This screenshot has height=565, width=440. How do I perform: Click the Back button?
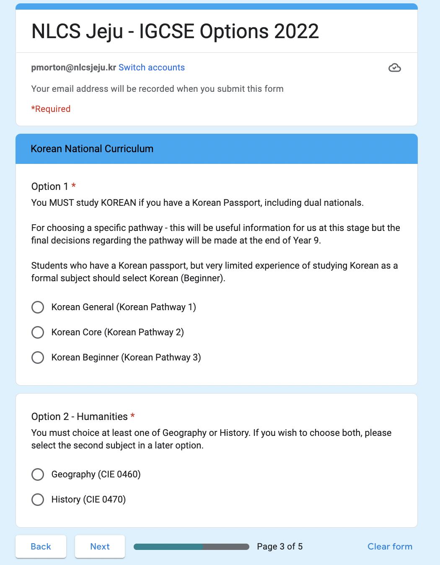click(41, 547)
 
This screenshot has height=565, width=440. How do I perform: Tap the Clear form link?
click(390, 547)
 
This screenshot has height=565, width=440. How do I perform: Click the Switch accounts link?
click(151, 67)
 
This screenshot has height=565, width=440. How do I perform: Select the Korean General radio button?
click(38, 307)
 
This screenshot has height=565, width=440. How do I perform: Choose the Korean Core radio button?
click(38, 332)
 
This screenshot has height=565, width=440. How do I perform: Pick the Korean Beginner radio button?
click(38, 358)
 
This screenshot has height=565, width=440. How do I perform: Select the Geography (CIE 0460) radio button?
click(38, 474)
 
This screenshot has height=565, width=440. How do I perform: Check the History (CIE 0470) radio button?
click(38, 500)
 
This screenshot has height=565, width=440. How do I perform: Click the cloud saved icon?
click(394, 68)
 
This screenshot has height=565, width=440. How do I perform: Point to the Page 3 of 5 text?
click(280, 547)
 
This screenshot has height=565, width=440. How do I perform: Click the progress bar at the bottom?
click(191, 547)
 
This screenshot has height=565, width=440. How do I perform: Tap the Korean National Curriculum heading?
click(92, 149)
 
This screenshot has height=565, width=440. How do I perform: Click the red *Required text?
click(51, 109)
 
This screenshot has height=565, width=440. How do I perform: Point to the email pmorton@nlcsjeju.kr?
click(73, 67)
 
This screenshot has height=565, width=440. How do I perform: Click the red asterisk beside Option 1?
click(74, 186)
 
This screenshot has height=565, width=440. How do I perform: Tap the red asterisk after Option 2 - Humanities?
click(133, 416)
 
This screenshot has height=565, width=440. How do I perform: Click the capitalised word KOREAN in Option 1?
click(119, 203)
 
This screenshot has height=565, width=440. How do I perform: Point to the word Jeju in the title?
click(104, 31)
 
